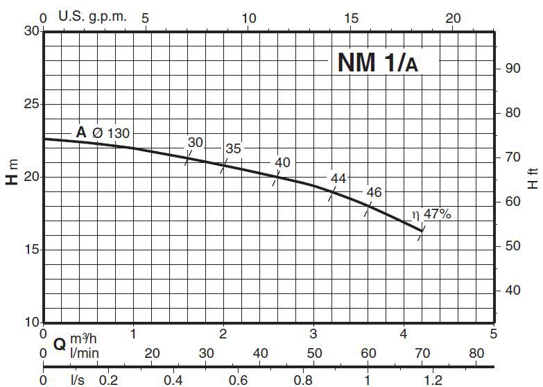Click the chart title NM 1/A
378,63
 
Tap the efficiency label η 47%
431,215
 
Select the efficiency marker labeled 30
196,143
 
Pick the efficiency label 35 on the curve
234,149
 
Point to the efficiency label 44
338,178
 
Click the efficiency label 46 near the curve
374,193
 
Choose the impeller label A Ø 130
103,132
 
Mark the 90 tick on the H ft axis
513,68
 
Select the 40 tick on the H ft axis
513,290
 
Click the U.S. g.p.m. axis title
92,17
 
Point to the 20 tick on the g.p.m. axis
452,17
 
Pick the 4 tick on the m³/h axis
404,334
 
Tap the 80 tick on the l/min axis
476,354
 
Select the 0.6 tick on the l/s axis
238,380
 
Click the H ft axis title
533,178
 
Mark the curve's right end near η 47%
422,230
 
